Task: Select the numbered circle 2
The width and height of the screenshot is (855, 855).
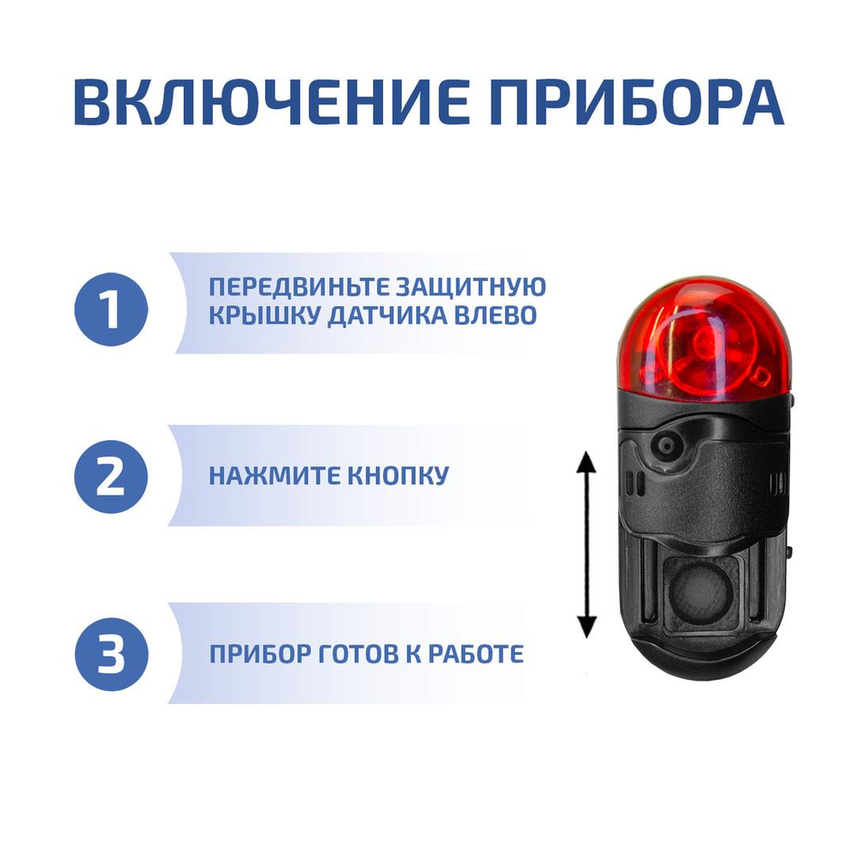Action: pos(110,477)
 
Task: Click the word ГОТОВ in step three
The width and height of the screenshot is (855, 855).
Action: pos(351,655)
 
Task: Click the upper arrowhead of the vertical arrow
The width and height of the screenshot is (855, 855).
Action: pos(586,463)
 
